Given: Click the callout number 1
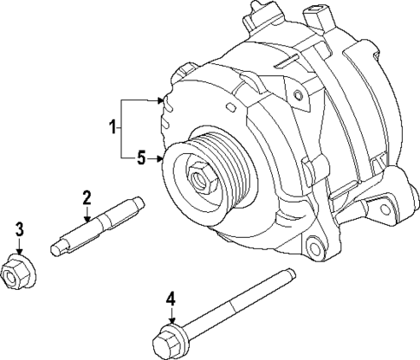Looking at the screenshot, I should click(x=112, y=129).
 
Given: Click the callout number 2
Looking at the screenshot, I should click(x=86, y=198).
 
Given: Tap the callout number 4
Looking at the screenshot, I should click(x=171, y=299).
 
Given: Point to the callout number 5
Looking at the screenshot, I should click(x=141, y=158).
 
